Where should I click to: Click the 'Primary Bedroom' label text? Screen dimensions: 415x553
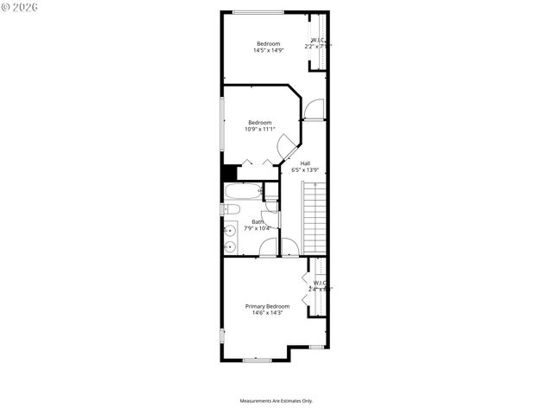click(x=267, y=306)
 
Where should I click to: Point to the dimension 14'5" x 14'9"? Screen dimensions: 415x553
click(x=268, y=51)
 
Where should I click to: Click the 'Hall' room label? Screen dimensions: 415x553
click(x=305, y=163)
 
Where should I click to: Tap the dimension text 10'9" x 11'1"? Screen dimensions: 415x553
click(x=260, y=130)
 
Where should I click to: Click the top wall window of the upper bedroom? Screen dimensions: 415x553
click(x=258, y=12)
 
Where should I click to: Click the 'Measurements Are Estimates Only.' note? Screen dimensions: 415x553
click(x=276, y=401)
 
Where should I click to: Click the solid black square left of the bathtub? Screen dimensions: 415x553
click(x=229, y=172)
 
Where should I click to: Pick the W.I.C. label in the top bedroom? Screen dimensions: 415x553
click(x=318, y=40)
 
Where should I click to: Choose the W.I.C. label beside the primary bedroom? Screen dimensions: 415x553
click(x=320, y=283)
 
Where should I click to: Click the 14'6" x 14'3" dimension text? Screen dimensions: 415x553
click(x=267, y=313)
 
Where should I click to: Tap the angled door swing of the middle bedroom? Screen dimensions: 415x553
click(x=284, y=149)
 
